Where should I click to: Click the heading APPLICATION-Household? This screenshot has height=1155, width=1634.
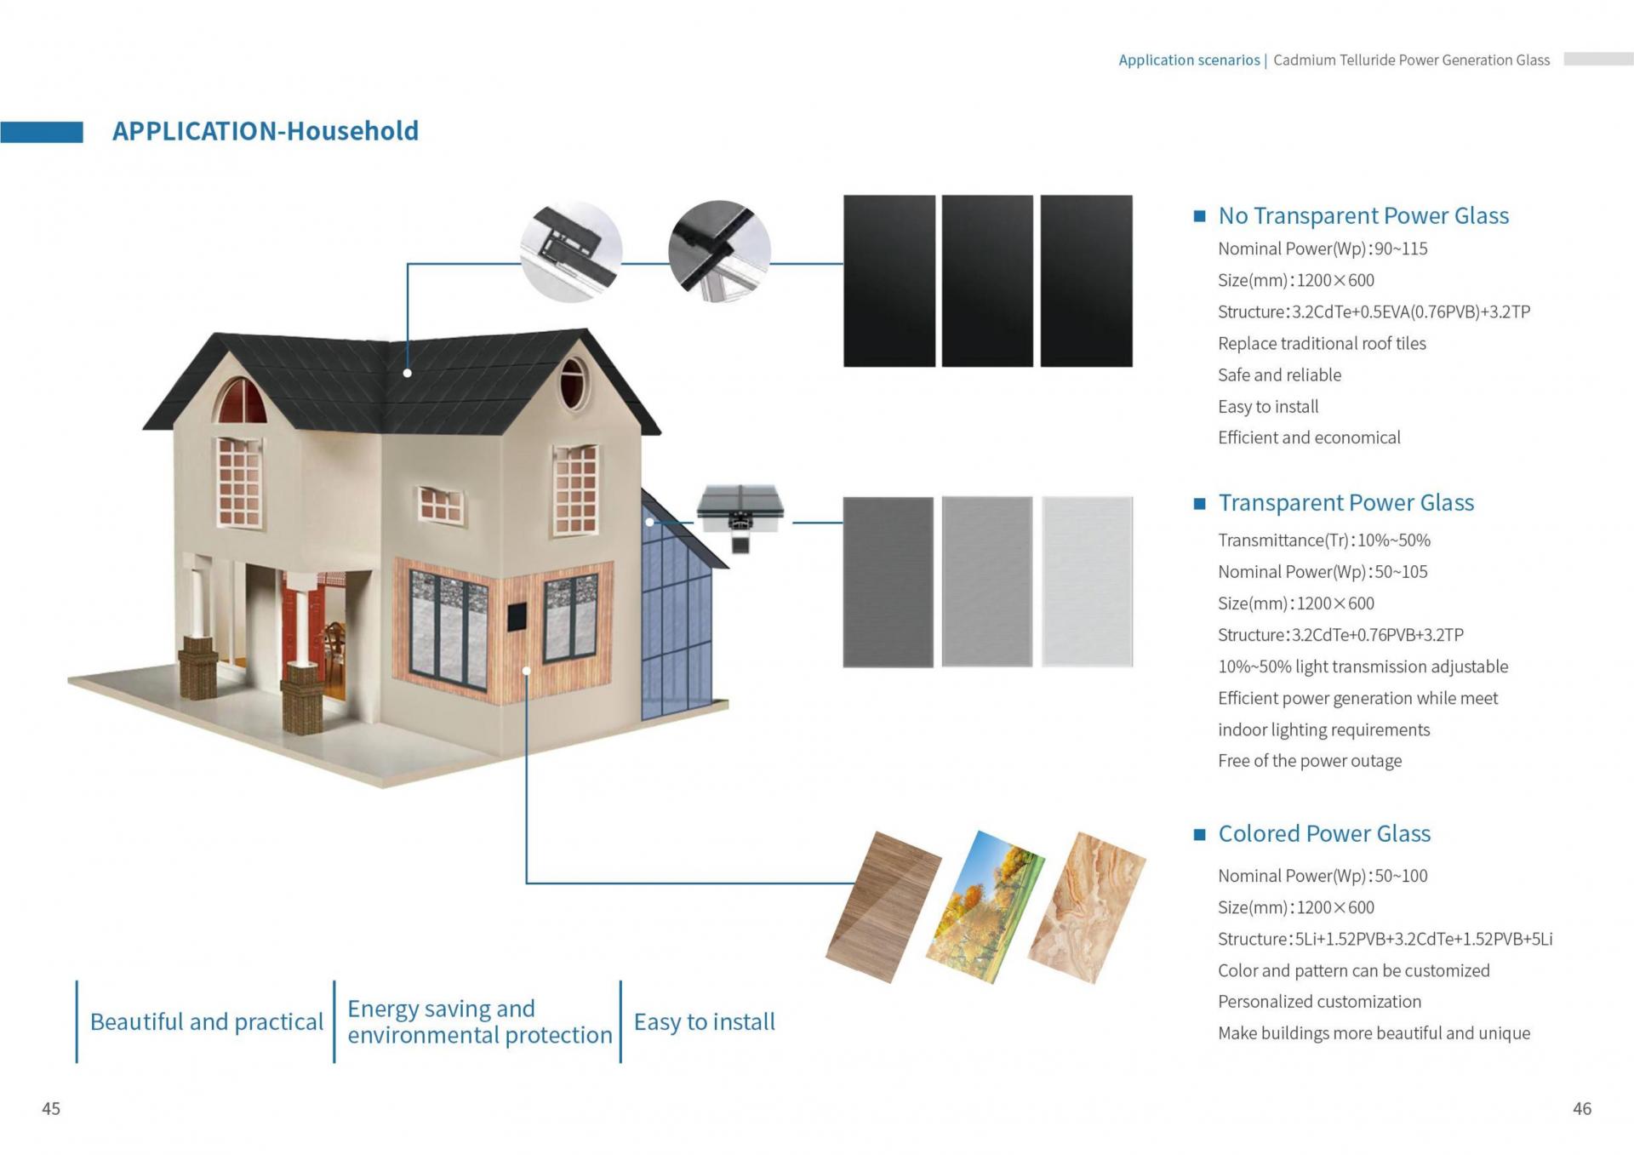tap(266, 131)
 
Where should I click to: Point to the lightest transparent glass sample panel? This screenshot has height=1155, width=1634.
tap(1087, 581)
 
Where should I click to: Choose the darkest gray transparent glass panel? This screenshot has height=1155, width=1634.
tap(888, 581)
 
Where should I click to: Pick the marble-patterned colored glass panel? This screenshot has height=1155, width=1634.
tap(1087, 907)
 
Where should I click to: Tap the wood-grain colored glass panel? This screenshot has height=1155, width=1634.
tap(883, 906)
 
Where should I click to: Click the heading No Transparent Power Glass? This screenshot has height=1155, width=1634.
tap(1363, 215)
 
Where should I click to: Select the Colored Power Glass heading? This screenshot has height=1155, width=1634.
tap(1324, 833)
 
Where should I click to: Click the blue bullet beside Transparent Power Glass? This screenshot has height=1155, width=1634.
tap(1200, 504)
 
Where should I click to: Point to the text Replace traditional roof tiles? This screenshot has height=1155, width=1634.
tap(1322, 344)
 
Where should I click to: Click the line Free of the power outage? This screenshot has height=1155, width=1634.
tap(1310, 761)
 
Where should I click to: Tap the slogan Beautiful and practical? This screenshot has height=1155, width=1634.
tap(207, 1021)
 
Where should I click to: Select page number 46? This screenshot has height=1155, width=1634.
tap(1582, 1108)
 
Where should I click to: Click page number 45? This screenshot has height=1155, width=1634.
tap(51, 1108)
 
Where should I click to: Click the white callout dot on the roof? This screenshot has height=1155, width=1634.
tap(408, 373)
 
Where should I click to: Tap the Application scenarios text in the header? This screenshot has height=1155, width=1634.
tap(1189, 60)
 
